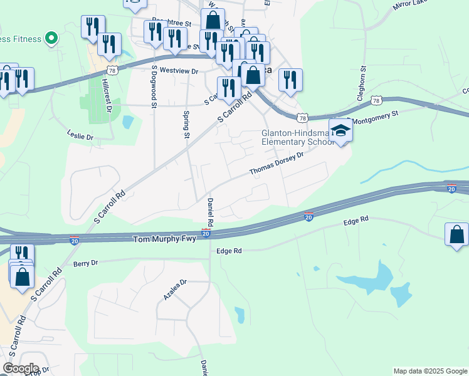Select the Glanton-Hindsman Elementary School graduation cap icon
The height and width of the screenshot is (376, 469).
point(340,130)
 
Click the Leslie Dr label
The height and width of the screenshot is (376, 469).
point(80,135)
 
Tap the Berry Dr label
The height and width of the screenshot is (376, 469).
point(86,263)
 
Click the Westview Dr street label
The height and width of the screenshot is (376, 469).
point(179,71)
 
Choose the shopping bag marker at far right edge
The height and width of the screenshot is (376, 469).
point(457,234)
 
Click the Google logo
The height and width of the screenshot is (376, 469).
point(20,368)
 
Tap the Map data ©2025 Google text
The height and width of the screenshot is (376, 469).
point(429,371)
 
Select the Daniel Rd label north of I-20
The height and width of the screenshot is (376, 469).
point(210,212)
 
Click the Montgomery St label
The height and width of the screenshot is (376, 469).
point(377,117)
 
